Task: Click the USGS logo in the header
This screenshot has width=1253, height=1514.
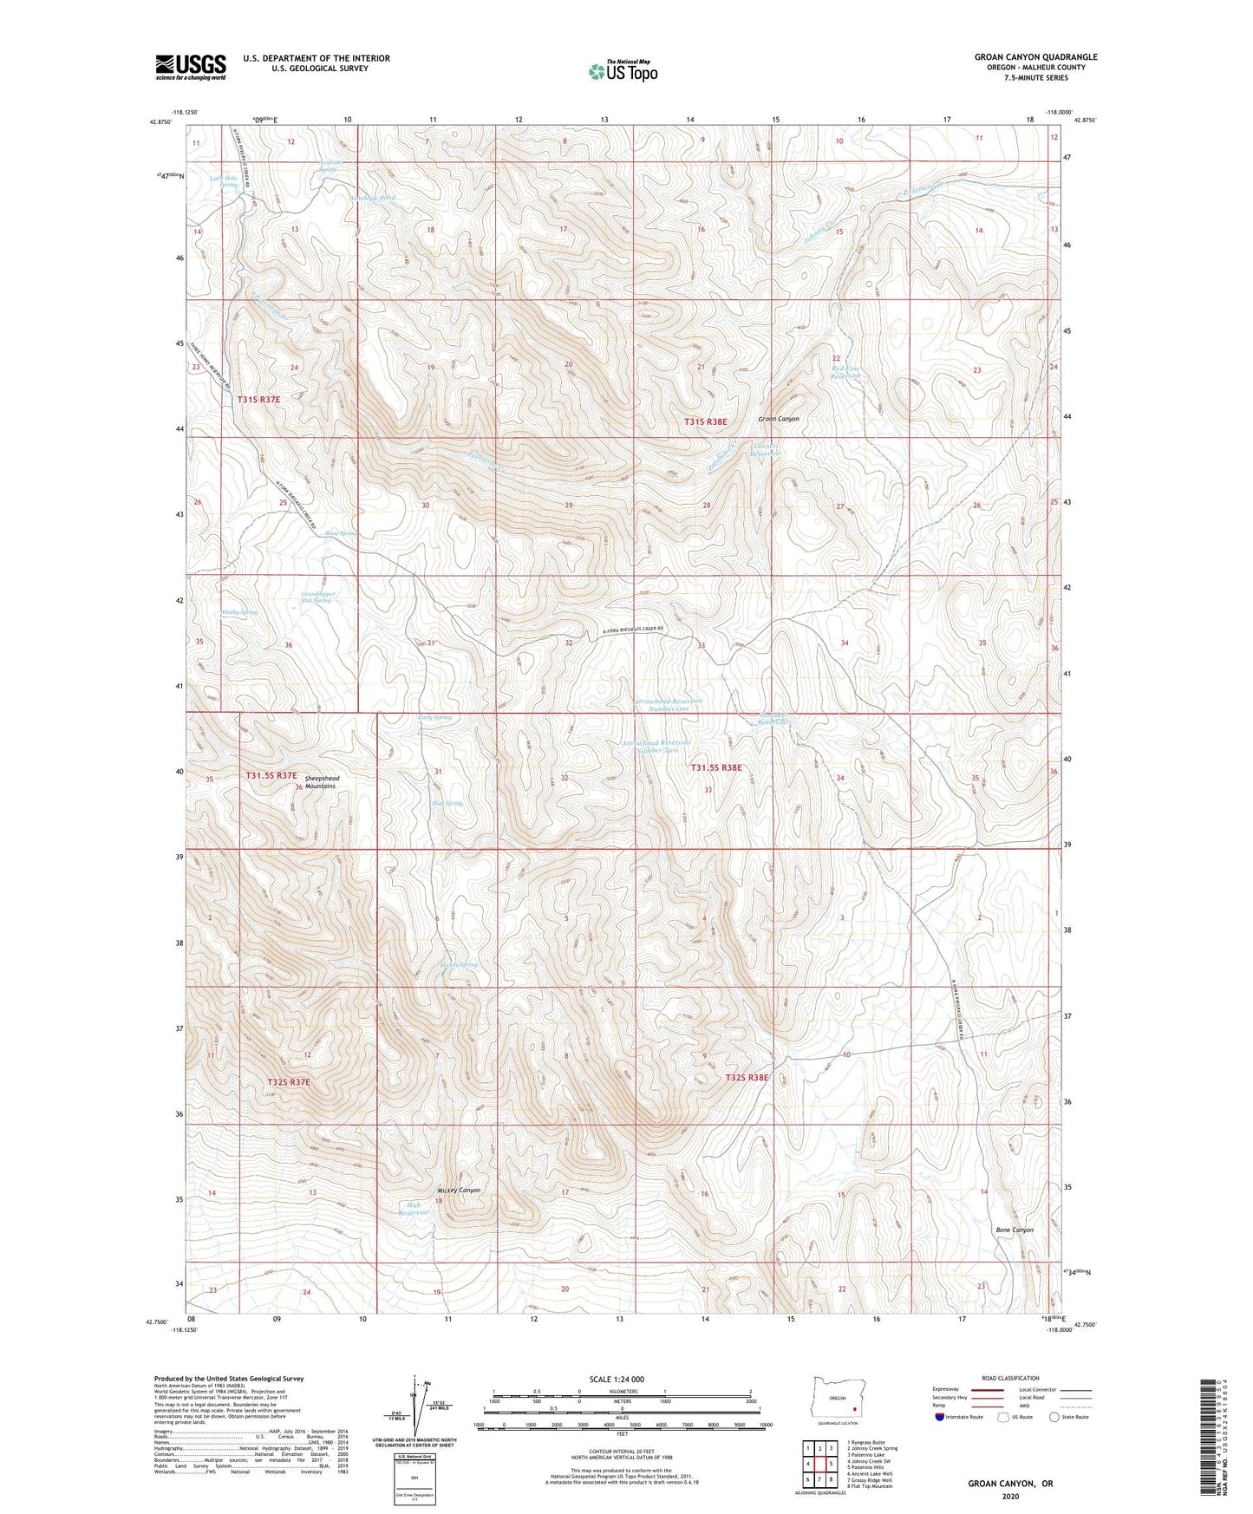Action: point(190,67)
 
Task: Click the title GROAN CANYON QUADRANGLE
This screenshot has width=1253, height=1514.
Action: point(1035,57)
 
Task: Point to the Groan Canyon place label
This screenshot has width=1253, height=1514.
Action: point(778,419)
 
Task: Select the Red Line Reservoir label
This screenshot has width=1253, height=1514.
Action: point(845,373)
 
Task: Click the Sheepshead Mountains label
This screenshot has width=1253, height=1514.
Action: point(317,782)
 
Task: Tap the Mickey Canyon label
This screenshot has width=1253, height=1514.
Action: point(459,1191)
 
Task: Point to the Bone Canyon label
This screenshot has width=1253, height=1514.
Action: point(1014,1230)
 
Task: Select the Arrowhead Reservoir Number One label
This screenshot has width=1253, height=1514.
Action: point(669,704)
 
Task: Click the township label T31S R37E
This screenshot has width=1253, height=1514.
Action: point(259,400)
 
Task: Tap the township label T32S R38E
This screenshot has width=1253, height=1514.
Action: point(747,1078)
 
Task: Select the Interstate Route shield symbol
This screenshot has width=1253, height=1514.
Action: point(940,1417)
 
